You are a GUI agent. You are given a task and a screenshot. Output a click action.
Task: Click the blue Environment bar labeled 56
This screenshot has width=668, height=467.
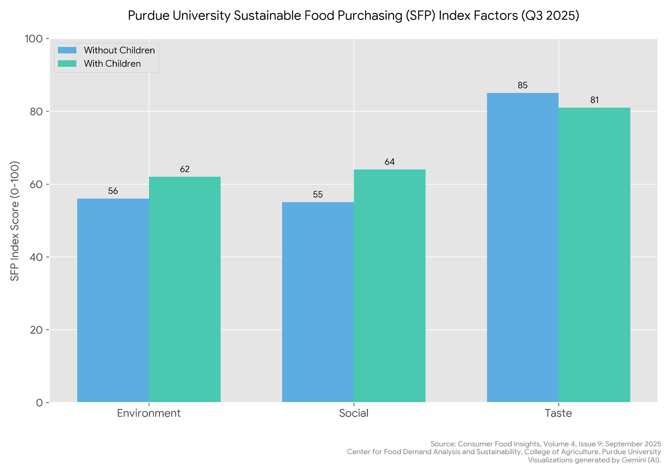(113, 300)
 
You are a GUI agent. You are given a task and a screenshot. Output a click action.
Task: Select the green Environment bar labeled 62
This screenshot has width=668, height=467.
(185, 289)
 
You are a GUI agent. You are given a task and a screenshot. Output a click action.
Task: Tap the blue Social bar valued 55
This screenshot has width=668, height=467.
(318, 302)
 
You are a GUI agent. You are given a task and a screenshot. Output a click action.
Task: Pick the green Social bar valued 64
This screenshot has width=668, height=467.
(390, 286)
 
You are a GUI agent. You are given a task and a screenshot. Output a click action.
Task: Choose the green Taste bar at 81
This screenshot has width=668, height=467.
(595, 255)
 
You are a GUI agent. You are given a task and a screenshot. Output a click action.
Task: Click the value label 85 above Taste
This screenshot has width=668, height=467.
(523, 85)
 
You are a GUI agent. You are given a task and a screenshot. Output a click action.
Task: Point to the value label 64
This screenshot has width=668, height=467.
(390, 162)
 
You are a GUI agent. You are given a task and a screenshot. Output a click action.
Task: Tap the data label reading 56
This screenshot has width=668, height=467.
(113, 191)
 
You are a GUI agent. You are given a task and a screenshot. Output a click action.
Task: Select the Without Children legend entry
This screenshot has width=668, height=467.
(119, 50)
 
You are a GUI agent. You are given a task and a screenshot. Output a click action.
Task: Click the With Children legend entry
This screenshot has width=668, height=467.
(112, 64)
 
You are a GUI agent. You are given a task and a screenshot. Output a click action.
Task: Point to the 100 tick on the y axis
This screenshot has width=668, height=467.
(34, 39)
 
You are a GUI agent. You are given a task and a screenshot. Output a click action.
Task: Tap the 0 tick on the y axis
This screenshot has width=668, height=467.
(40, 403)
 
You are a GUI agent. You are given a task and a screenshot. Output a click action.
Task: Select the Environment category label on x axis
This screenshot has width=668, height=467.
(149, 413)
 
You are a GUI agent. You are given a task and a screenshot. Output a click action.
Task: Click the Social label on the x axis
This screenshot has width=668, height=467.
(354, 413)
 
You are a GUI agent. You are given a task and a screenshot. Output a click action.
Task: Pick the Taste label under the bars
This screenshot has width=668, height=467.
(558, 413)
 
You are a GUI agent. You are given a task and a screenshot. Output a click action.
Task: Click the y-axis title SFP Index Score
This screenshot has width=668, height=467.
(15, 221)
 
